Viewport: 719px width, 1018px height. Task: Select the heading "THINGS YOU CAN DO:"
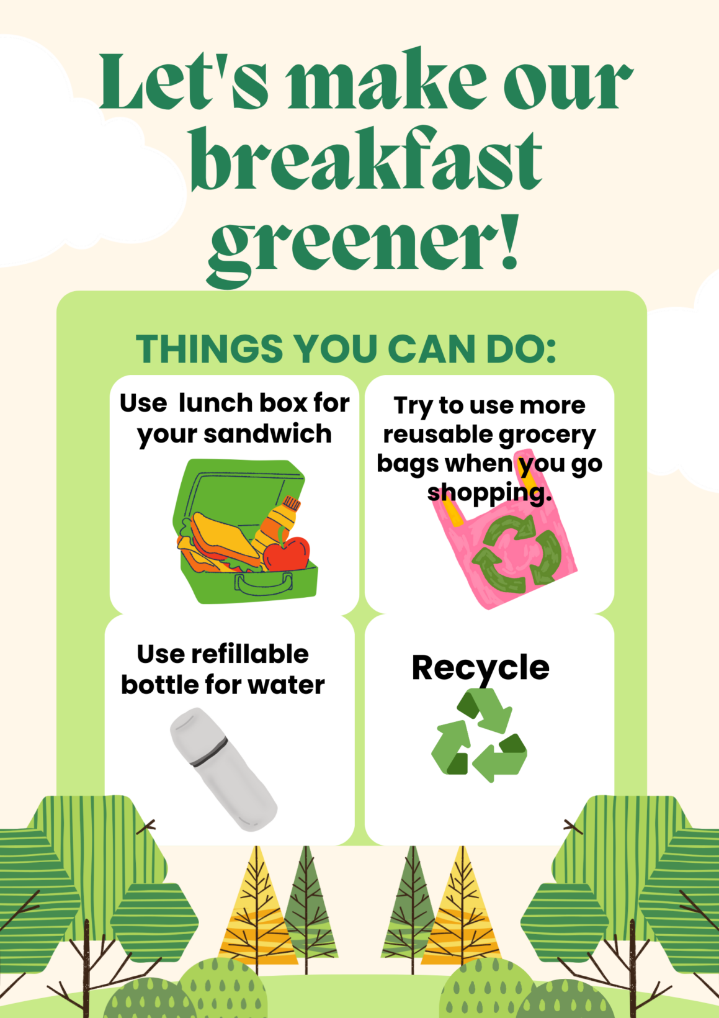[346, 349]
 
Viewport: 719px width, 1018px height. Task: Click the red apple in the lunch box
[287, 554]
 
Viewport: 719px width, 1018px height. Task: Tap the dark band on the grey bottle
[209, 753]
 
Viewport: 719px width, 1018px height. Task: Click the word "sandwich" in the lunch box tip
[267, 433]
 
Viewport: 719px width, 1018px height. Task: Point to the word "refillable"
[250, 654]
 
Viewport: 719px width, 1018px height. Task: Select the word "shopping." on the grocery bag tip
[489, 493]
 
